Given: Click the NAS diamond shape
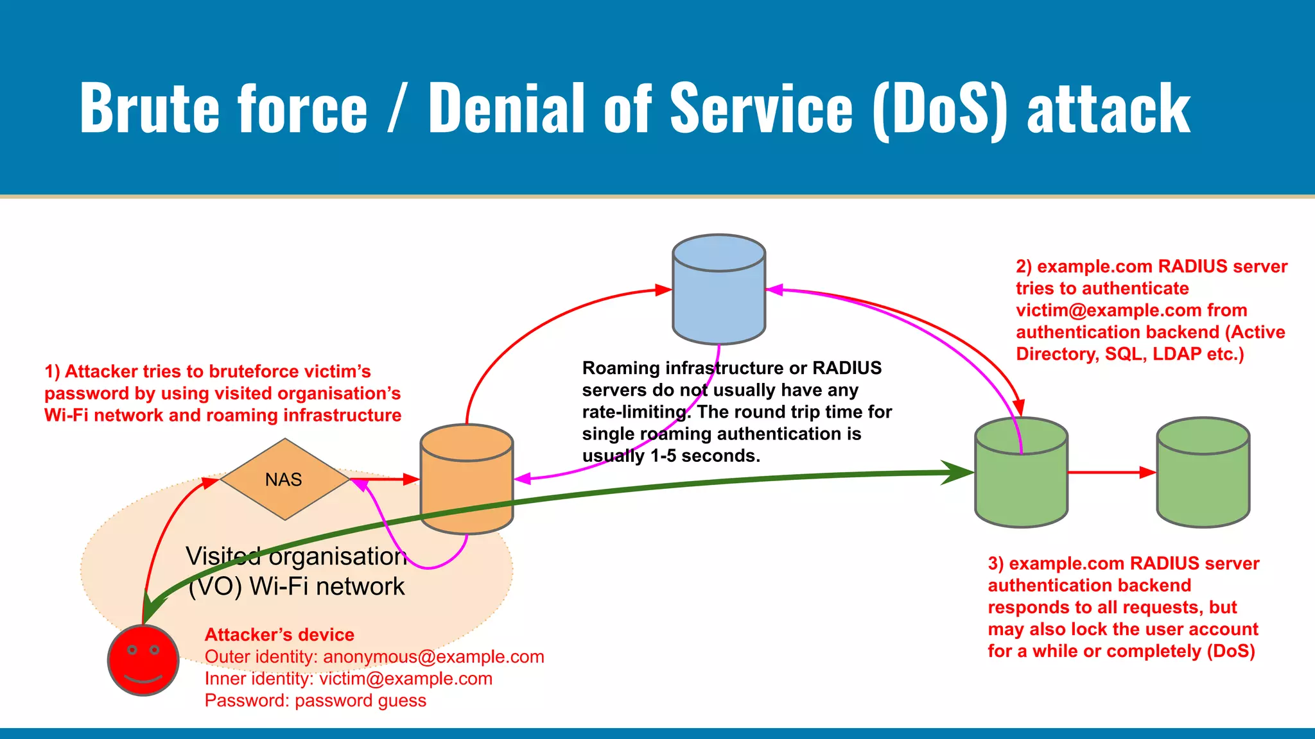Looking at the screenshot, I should click(284, 479).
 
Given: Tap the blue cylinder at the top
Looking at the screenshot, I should click(718, 292).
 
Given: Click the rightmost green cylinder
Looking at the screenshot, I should click(1203, 475).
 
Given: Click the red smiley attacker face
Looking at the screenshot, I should click(143, 660).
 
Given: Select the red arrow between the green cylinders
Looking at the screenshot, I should click(1111, 473).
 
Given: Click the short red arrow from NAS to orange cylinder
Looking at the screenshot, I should click(385, 479).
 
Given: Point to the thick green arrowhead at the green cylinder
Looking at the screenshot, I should click(960, 473).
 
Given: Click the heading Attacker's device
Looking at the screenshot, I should click(279, 634).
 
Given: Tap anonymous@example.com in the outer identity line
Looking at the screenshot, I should click(433, 657).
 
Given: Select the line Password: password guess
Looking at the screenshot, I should click(315, 701).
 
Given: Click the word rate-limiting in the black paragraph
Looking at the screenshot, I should click(636, 412).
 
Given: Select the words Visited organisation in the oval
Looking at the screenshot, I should click(296, 556).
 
